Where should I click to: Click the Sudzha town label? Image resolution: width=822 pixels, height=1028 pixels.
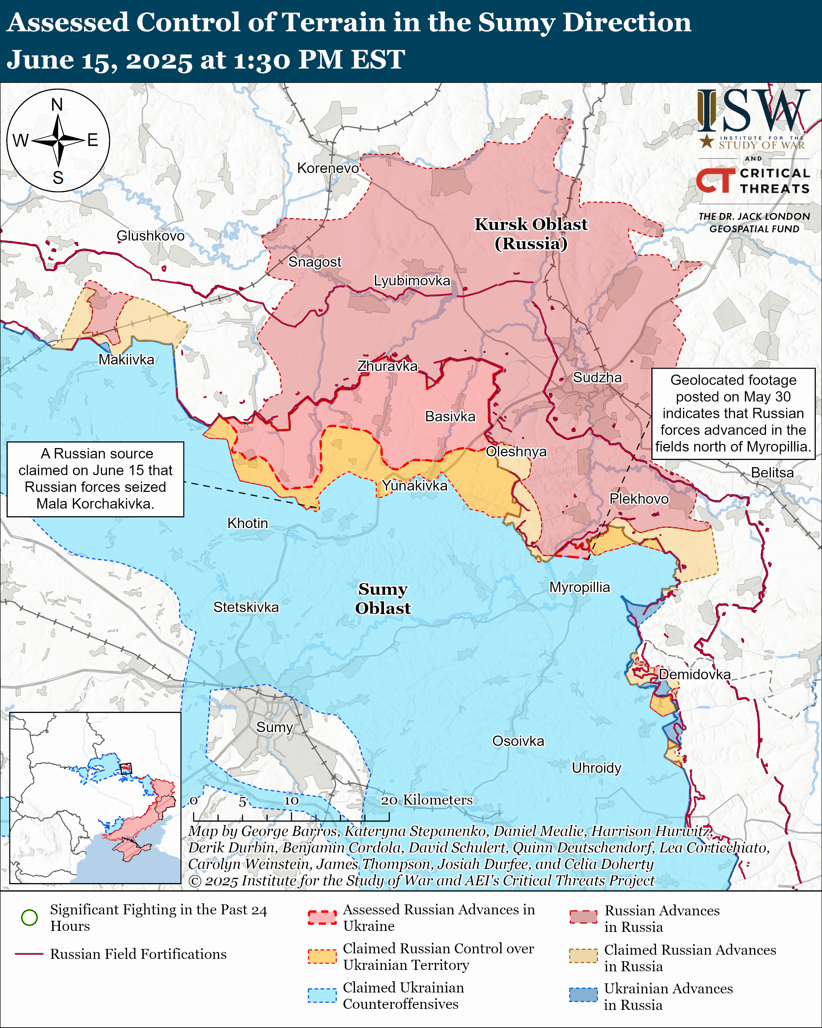597,378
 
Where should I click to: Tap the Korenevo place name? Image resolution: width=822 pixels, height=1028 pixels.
328,168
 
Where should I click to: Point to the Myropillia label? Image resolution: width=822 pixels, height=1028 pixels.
579,587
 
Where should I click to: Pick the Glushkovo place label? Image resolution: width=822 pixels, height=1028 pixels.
151,236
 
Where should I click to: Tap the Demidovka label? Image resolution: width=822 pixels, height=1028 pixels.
694,674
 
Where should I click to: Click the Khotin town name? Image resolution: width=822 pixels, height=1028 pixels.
247,523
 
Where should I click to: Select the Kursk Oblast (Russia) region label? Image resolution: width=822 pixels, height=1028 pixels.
531,234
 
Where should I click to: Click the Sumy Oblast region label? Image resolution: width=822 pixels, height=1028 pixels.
383,598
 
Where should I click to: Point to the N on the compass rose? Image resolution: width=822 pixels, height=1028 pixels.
57,105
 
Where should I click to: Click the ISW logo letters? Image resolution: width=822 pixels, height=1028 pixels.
753,112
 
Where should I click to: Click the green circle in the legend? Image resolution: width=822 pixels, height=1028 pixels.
30,917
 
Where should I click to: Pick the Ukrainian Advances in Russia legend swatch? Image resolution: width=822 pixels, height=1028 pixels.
583,995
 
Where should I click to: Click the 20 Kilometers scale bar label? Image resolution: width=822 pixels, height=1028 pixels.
427,800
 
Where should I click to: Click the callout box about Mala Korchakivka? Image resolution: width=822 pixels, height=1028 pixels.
95,479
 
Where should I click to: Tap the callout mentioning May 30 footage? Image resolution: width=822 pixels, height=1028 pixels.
733,414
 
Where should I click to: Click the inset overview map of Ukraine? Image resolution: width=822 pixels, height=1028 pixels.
95,798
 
